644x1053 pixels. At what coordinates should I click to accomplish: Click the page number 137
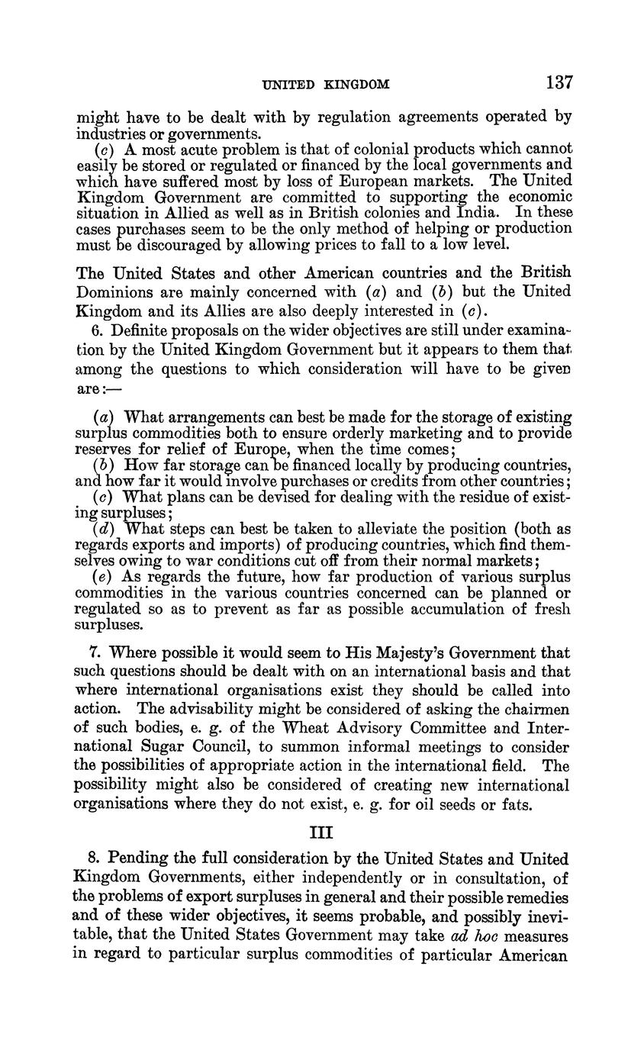pyautogui.click(x=559, y=82)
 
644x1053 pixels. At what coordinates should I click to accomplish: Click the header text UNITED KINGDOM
pyautogui.click(x=326, y=85)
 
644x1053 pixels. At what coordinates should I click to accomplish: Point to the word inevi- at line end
pyautogui.click(x=541, y=916)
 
